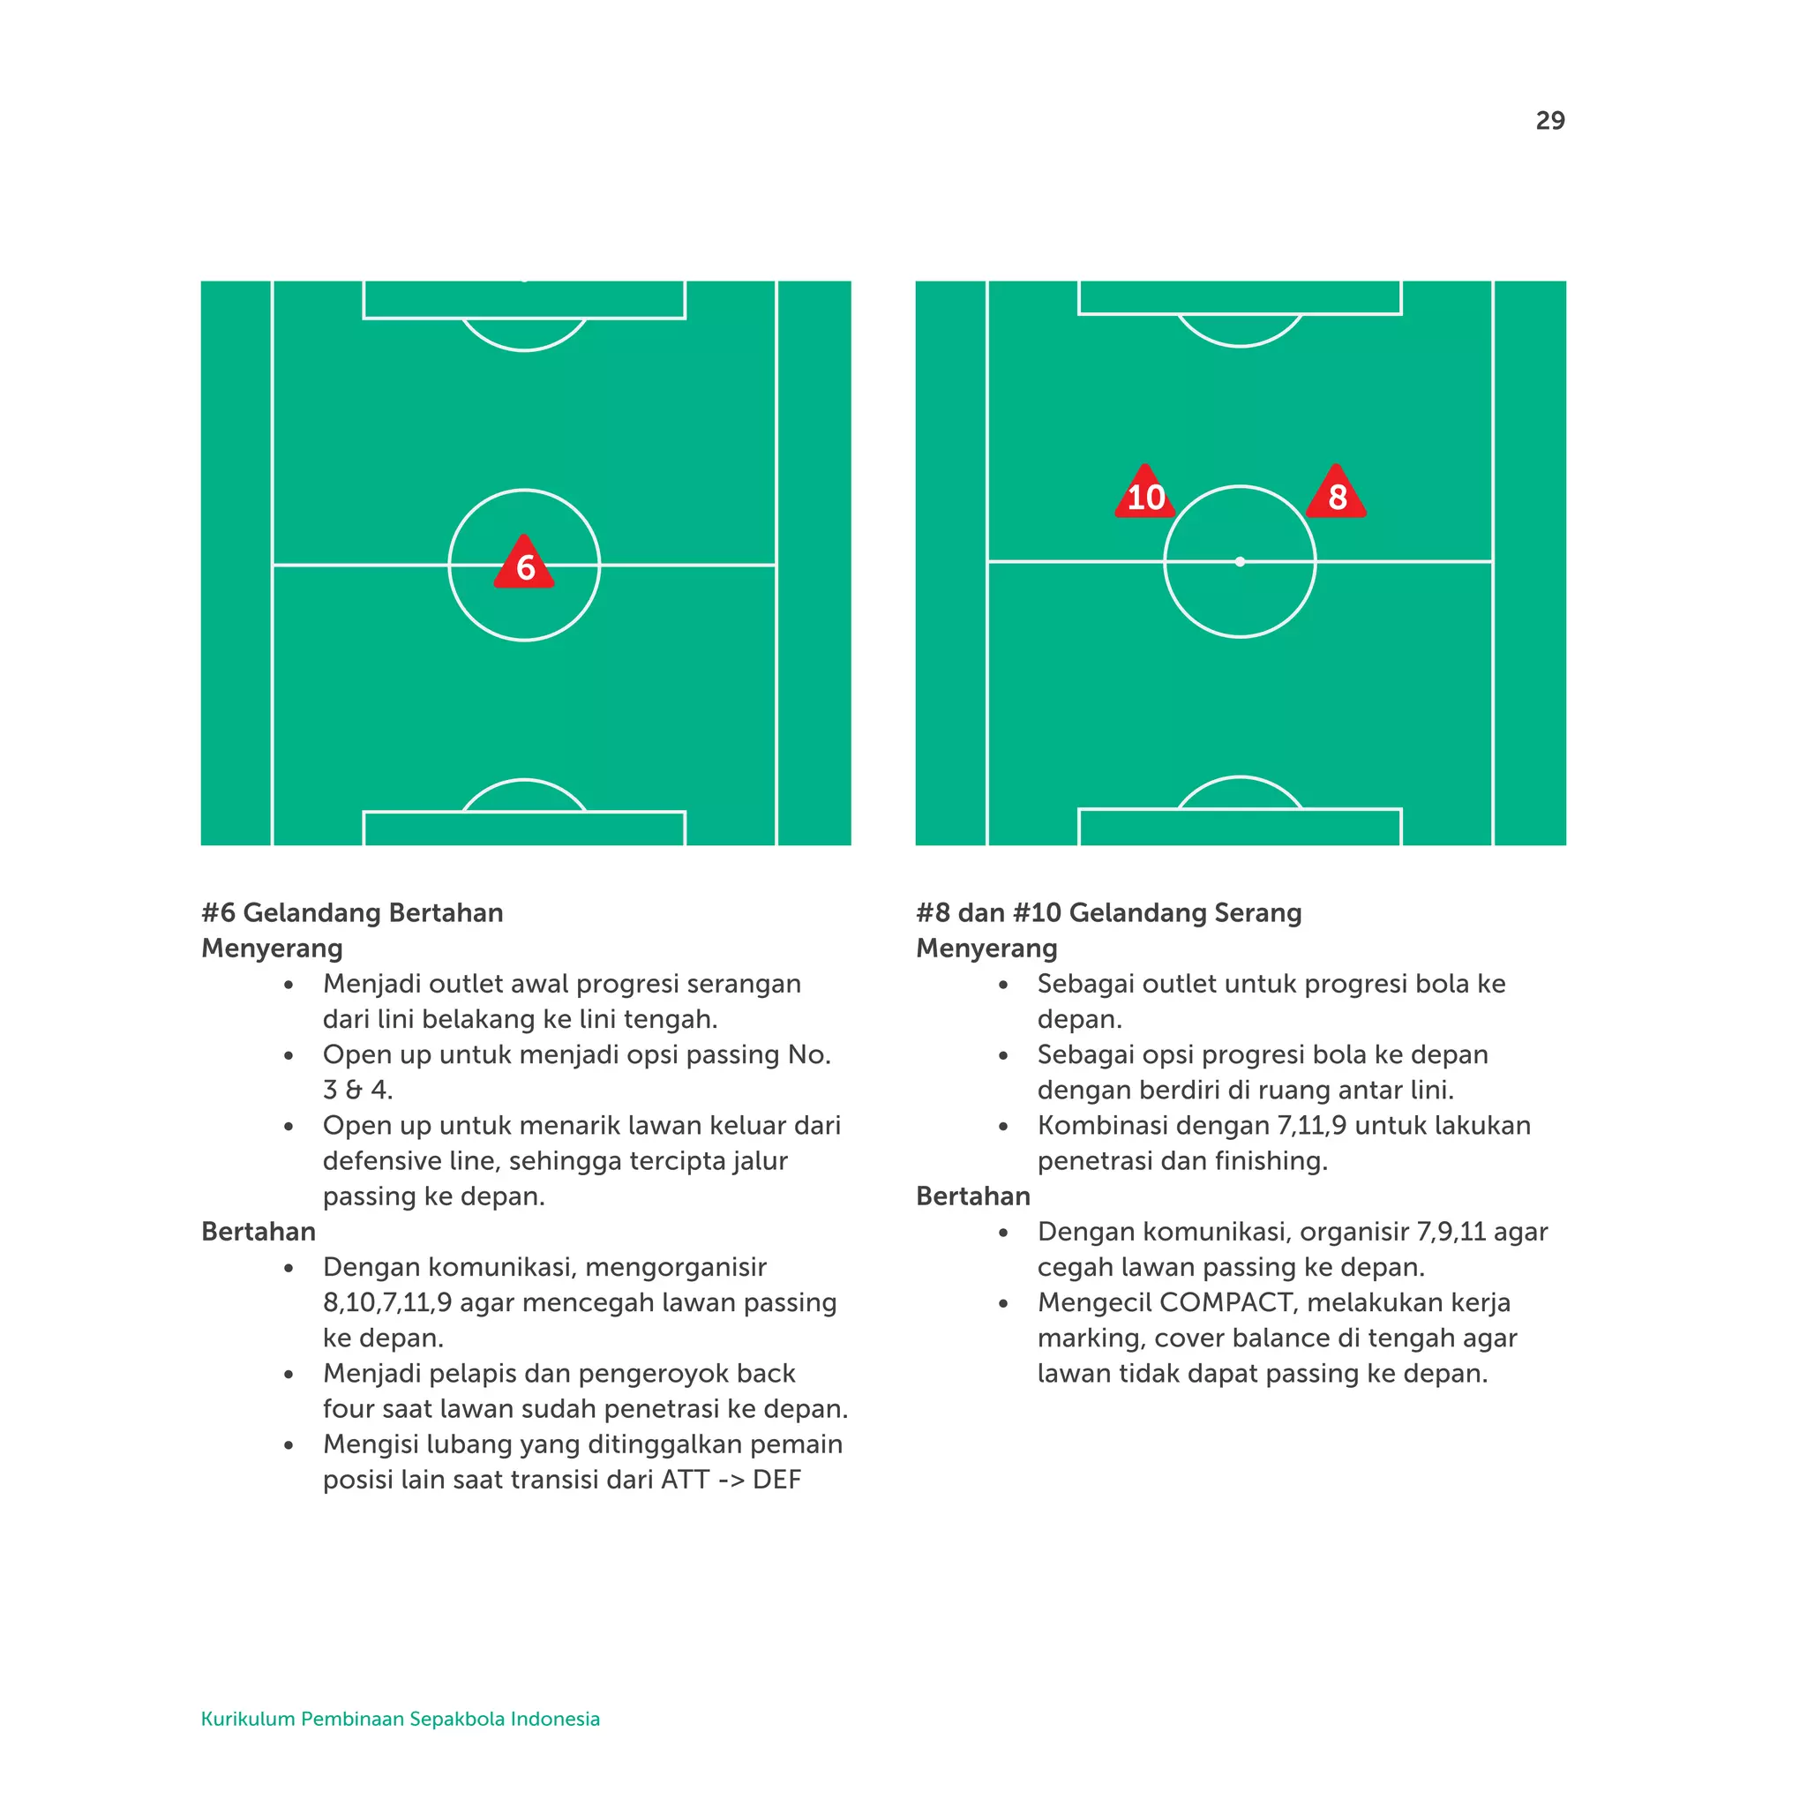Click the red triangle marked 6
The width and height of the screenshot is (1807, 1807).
click(524, 564)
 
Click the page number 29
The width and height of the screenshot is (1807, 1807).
click(1549, 121)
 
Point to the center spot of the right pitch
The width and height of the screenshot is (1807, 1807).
click(1240, 562)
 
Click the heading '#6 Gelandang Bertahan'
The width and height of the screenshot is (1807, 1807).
click(352, 912)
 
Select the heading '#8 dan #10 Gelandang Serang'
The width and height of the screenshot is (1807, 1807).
click(1108, 912)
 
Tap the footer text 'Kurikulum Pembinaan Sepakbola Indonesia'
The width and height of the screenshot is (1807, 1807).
click(401, 1718)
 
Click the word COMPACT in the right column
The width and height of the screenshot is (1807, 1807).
click(1226, 1302)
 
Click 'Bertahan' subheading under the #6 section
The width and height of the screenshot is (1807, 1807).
click(259, 1231)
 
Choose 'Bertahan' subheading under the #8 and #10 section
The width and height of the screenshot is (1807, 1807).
click(972, 1196)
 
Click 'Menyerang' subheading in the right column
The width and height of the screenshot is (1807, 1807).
click(986, 948)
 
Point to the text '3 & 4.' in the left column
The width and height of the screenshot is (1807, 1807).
click(357, 1090)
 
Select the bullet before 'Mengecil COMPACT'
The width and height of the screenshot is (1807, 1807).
click(1002, 1303)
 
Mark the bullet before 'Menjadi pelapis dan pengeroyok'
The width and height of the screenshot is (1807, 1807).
click(289, 1374)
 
